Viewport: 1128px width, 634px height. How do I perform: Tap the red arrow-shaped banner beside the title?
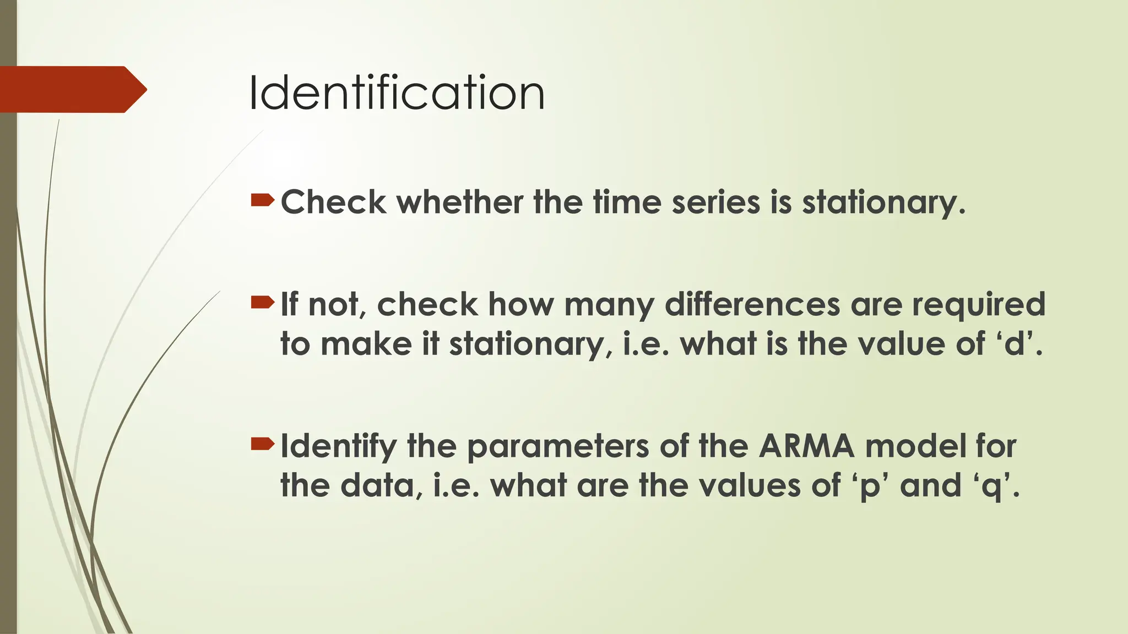72,89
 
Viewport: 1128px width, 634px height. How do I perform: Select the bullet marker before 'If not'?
262,302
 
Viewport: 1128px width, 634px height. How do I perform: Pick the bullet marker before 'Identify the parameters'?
262,444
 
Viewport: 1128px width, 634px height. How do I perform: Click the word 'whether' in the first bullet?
460,202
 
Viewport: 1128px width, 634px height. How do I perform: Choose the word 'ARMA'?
806,446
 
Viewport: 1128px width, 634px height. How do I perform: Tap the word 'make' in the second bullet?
366,344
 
